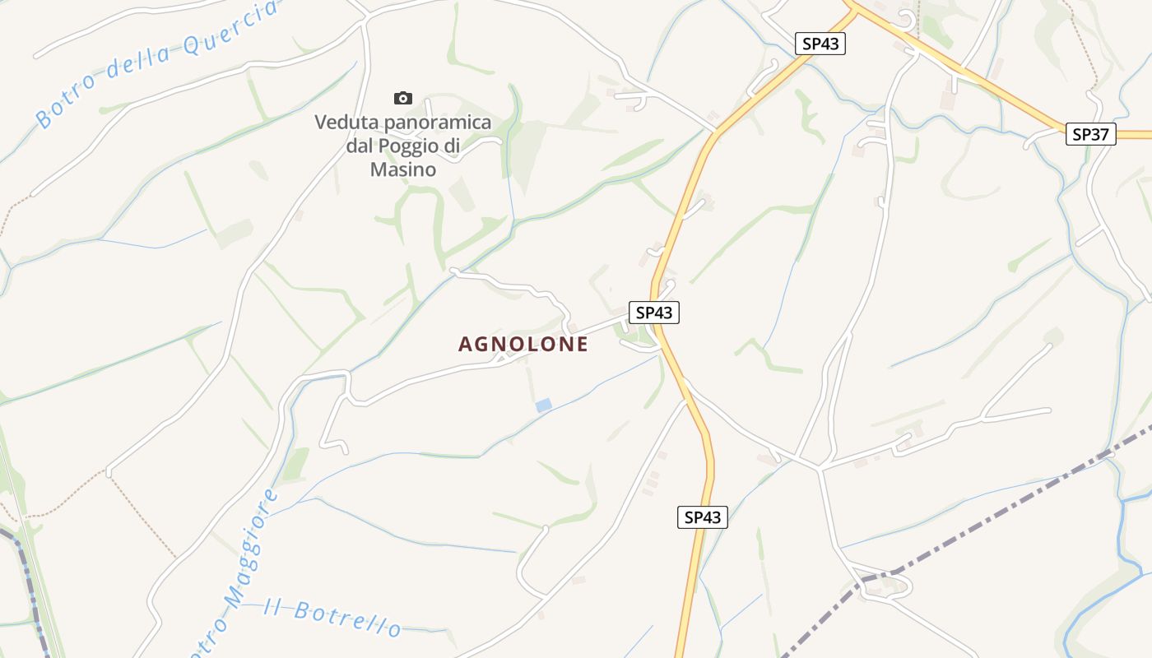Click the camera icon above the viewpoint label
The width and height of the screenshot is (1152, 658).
[403, 99]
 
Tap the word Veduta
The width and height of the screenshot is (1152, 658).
[343, 123]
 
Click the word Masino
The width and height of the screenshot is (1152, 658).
[402, 169]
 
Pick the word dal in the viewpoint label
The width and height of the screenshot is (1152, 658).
[360, 146]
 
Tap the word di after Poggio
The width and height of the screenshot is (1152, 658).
[452, 146]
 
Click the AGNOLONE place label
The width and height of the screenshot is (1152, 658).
[523, 345]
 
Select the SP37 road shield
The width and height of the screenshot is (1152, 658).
[1091, 134]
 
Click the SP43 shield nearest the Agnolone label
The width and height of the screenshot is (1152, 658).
[654, 313]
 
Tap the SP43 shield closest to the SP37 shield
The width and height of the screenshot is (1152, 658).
[820, 44]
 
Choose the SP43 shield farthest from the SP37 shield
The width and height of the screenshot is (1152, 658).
[703, 517]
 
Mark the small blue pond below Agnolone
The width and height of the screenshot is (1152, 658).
[543, 405]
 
